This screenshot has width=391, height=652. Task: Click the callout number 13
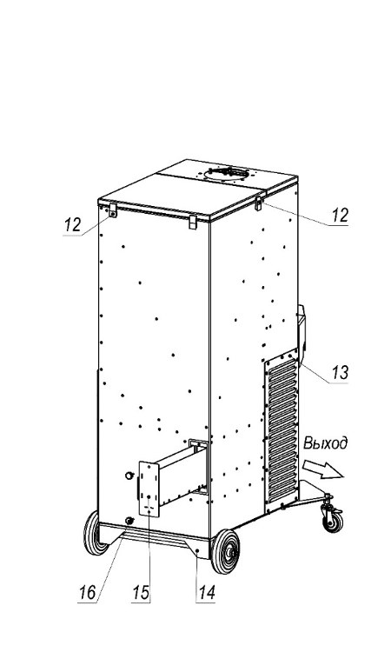coord(340,372)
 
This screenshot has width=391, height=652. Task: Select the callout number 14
coord(207,592)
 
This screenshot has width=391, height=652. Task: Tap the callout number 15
coord(141,592)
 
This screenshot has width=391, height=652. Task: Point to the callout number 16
coord(87,592)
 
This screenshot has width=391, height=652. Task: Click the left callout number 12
coord(72,225)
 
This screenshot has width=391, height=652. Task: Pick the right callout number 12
coord(340,215)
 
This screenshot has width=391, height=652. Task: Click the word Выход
coord(325,443)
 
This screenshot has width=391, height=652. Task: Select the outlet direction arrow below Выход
coord(323,469)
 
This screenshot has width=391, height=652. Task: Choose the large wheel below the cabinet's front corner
coord(225,551)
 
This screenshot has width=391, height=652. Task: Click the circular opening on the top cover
coord(227,173)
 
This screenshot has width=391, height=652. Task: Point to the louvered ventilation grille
coord(282,432)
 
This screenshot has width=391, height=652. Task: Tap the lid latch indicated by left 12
coord(113,210)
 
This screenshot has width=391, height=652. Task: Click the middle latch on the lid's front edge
coord(193,222)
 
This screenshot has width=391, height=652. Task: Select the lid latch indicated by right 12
coord(258,203)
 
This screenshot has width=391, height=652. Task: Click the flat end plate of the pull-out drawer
coord(149,489)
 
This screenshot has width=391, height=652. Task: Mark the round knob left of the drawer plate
coord(129,476)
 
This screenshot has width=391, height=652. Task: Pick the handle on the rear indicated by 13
coord(302,332)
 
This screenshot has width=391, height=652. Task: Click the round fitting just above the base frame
coord(129,520)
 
